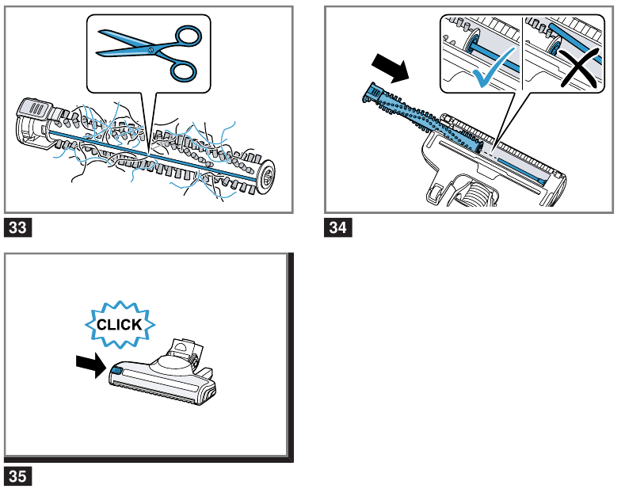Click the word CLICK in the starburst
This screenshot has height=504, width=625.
click(119, 325)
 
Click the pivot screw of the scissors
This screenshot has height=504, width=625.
click(149, 51)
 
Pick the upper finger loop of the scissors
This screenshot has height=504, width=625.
click(188, 35)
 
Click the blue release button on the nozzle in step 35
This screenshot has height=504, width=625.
click(116, 371)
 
